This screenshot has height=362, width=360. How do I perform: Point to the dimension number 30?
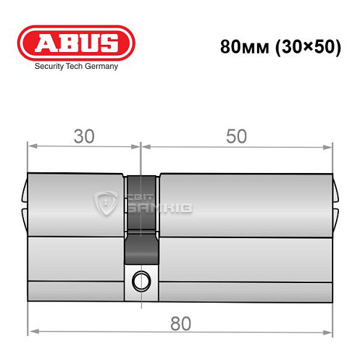pyautogui.click(x=84, y=137)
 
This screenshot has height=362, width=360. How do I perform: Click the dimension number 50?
pyautogui.click(x=236, y=137)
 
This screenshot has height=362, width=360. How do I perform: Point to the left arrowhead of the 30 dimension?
pyautogui.click(x=32, y=148)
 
